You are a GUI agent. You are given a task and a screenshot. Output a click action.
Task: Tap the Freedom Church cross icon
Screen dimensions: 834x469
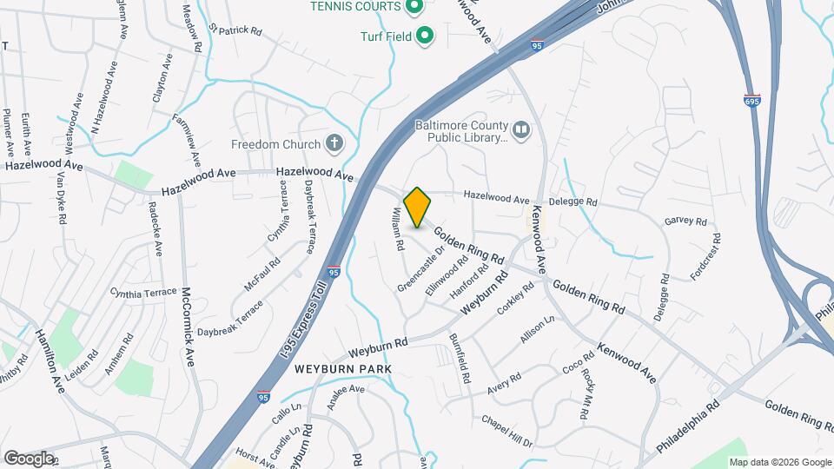(x=334, y=143)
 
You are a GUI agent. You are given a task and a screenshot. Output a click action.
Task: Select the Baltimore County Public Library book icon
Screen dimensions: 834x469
(x=521, y=130)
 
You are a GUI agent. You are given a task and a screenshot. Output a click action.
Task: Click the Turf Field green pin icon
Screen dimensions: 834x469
(x=425, y=36)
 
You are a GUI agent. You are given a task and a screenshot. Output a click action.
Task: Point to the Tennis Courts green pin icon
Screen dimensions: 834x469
(x=414, y=7)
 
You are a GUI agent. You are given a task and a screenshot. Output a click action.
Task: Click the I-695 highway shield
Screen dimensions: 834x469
(x=751, y=101)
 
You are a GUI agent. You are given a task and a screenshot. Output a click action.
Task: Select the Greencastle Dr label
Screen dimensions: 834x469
(x=421, y=268)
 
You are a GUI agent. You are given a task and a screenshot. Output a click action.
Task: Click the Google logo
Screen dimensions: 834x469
(x=29, y=458)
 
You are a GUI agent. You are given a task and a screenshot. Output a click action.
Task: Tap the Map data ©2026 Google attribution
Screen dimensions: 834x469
(x=779, y=462)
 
